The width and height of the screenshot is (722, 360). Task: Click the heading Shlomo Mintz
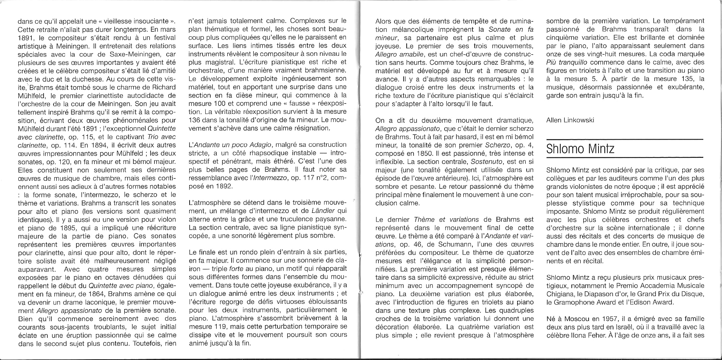[x=580, y=149]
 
